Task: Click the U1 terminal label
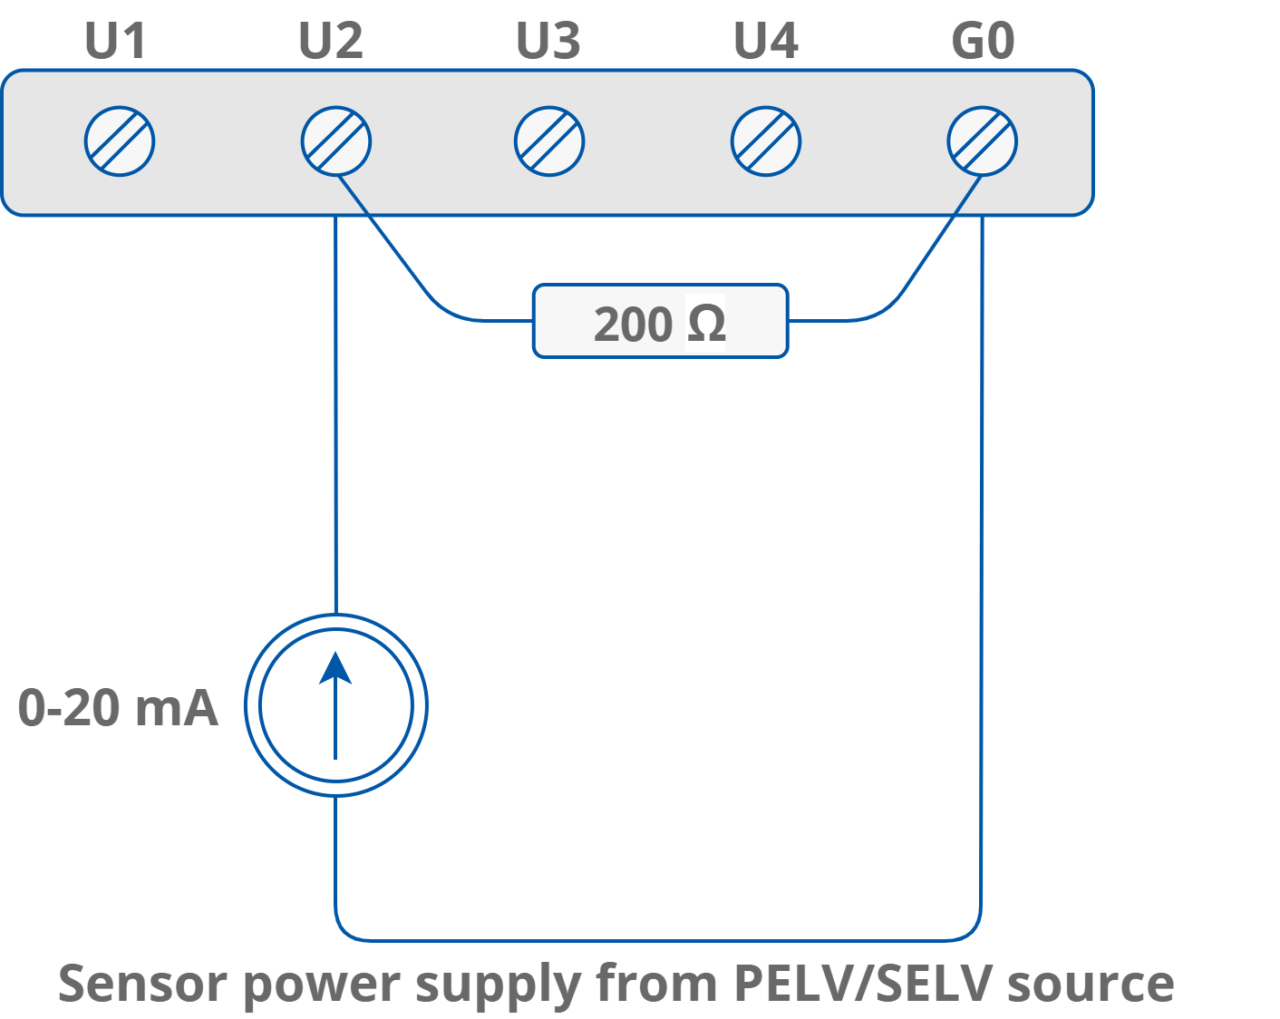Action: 115,42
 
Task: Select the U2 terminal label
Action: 331,42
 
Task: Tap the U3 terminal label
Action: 548,42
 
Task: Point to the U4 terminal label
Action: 766,42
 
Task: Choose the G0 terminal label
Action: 983,42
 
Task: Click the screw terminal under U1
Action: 120,141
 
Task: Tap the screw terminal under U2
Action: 336,141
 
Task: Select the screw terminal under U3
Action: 549,141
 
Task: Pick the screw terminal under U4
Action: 766,141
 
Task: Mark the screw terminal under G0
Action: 983,141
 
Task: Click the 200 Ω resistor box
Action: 660,321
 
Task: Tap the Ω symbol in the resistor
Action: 706,324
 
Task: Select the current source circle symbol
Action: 336,705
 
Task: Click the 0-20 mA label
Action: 118,708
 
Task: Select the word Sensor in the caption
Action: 141,983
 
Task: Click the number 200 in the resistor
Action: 633,324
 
